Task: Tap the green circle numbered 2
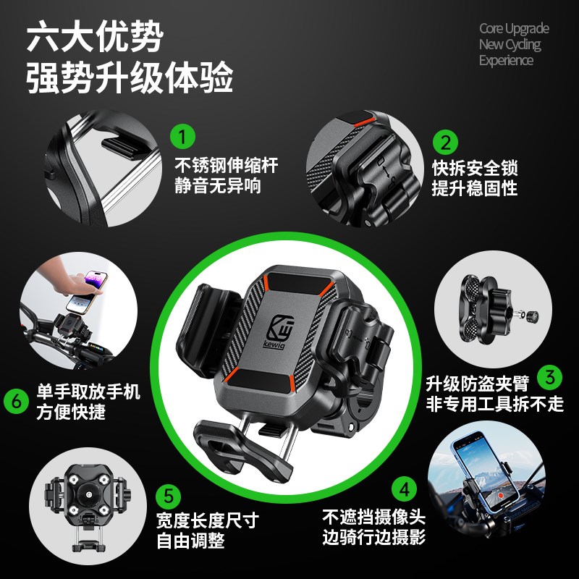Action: coord(445,141)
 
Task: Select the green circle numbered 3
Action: coord(553,376)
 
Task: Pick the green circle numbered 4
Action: coord(405,488)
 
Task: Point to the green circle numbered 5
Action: coord(169,496)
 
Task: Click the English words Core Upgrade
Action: coord(514,29)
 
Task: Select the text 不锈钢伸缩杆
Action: coord(226,165)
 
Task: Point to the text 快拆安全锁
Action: coord(475,169)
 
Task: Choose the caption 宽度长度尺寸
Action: coord(207,520)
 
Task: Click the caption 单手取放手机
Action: coord(88,393)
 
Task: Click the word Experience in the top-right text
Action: coord(506,61)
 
